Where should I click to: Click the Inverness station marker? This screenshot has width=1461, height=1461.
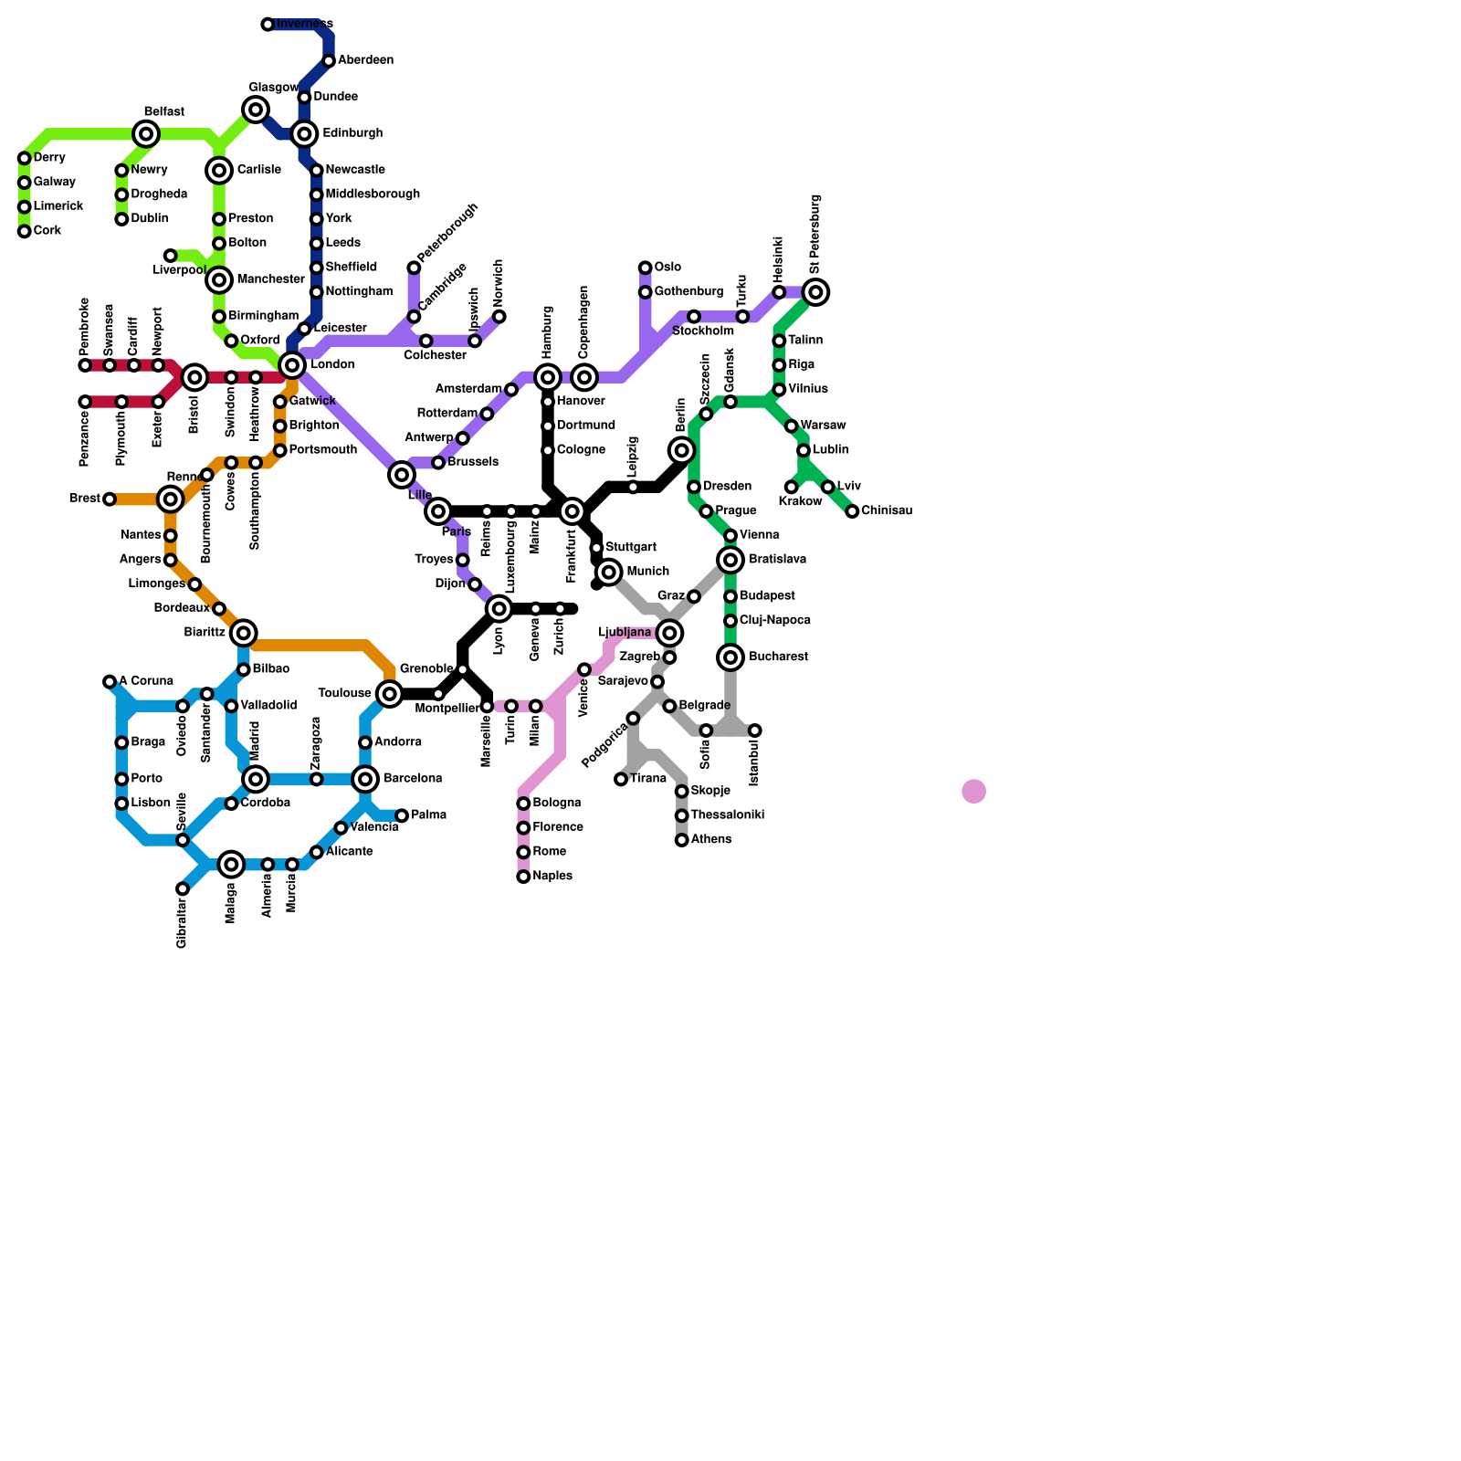pos(268,25)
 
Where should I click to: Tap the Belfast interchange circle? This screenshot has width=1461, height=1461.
pos(146,134)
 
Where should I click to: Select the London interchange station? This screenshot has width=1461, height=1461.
pos(292,365)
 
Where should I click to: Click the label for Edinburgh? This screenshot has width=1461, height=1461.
pos(352,133)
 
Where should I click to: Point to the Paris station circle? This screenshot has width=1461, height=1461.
pos(438,511)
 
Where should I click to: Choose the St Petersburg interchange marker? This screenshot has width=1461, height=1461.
pos(816,292)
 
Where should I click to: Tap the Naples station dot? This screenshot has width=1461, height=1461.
pos(523,877)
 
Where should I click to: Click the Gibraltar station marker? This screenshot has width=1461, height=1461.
pos(183,888)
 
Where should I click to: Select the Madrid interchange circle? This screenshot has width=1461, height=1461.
pos(256,779)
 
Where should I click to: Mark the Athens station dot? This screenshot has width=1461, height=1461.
pos(682,840)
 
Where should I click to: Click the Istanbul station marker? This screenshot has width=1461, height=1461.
pos(755,730)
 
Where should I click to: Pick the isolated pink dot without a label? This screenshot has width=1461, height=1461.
pos(974,792)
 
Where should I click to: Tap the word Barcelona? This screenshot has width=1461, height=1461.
pos(413,779)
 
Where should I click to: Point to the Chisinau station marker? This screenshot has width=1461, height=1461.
pos(852,511)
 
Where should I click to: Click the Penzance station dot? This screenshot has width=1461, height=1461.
pos(85,402)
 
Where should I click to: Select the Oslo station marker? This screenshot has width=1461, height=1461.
pos(646,268)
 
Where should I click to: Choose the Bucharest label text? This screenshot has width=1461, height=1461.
pos(778,657)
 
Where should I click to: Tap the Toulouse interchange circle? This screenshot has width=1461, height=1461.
pos(390,694)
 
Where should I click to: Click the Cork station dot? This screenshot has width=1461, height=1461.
pos(25,231)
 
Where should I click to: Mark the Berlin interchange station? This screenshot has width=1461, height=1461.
pos(682,450)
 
